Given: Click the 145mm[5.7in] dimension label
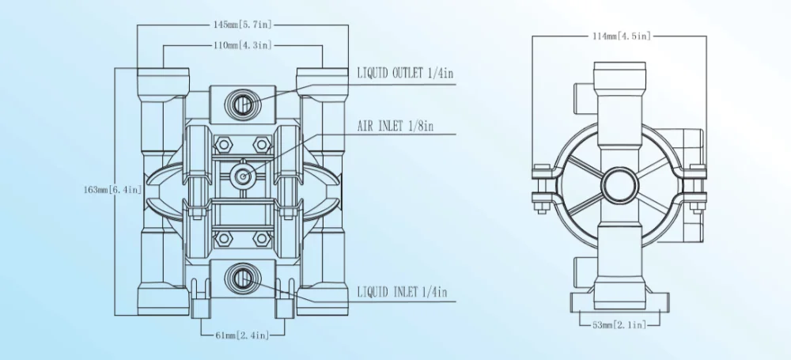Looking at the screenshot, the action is [x=243, y=25].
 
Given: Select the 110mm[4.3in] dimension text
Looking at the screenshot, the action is [x=243, y=45].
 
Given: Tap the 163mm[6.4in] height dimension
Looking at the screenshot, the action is [x=112, y=190].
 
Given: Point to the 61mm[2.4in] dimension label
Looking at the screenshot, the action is [x=243, y=335].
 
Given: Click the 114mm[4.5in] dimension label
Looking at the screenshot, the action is [x=622, y=36].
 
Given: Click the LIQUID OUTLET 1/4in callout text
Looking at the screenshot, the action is [x=405, y=74].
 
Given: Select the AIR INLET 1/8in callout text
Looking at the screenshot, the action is [x=395, y=126].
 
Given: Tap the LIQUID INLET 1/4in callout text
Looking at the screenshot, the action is [x=402, y=291].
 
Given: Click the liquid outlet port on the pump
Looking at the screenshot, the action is [x=243, y=103].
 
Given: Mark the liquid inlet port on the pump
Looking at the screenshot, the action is [x=243, y=277].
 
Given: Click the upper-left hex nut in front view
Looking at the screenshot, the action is [x=222, y=145].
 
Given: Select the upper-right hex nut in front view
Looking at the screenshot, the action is [x=262, y=145].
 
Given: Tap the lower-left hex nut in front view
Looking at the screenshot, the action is [x=222, y=239].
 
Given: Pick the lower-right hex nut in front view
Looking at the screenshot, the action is [x=262, y=239].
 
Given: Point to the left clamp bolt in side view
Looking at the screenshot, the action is [x=541, y=188].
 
